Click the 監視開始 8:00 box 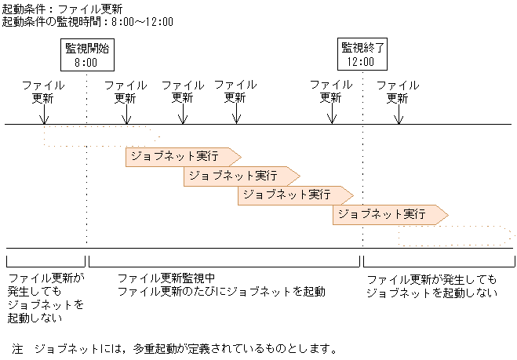(87, 54)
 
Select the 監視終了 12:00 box (361, 54)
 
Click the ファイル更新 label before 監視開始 (43, 92)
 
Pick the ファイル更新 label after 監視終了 (398, 92)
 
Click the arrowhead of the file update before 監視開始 (44, 119)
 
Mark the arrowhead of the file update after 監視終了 (399, 119)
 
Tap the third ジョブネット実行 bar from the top (295, 195)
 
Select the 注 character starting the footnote (17, 347)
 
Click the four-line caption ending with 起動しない (46, 298)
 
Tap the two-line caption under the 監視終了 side (431, 285)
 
